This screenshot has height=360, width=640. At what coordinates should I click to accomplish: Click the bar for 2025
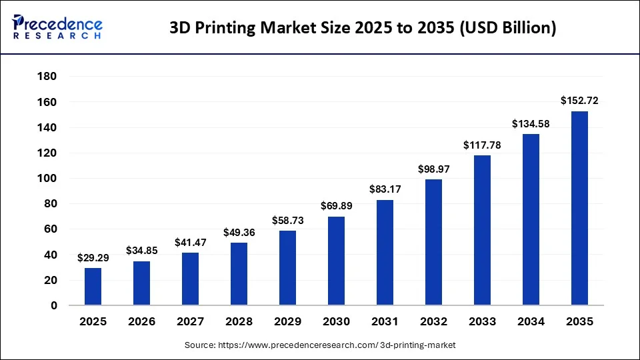93,287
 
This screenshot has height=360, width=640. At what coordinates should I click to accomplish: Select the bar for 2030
336,261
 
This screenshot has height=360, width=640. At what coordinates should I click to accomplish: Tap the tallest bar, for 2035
579,208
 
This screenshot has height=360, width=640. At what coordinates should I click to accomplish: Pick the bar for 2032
433,243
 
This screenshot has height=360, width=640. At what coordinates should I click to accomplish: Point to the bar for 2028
239,274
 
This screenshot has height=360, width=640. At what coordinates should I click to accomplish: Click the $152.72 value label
579,101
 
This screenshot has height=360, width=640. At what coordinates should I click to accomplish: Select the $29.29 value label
93,257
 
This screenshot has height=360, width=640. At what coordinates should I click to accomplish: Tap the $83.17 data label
385,189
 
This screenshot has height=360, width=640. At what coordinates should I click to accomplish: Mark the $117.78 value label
482,145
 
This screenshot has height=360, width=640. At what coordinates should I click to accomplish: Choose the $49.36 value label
239,232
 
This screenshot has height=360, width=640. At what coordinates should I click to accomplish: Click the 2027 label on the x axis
190,321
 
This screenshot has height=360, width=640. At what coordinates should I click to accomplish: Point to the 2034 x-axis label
531,321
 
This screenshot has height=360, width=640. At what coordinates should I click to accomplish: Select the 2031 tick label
385,321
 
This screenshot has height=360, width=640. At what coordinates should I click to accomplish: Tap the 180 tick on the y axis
47,76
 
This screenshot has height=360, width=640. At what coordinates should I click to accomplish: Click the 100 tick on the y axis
47,178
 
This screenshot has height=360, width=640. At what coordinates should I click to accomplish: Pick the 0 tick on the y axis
54,305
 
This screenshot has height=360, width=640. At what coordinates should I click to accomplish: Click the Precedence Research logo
57,27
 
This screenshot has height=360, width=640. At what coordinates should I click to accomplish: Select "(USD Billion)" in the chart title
508,28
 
